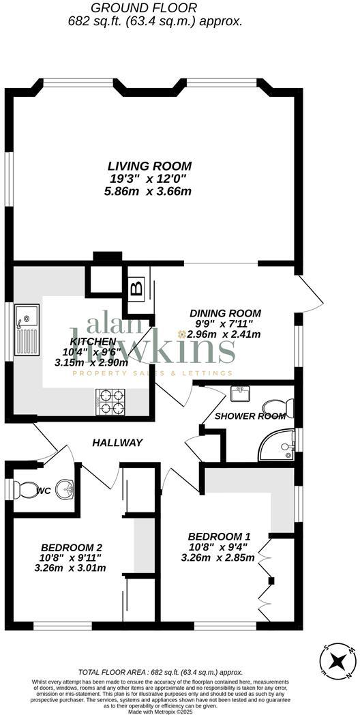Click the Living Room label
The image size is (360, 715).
[149, 166]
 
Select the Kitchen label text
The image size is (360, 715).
[92, 341]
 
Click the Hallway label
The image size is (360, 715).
[117, 443]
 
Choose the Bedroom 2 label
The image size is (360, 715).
[72, 547]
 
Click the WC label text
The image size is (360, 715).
[44, 491]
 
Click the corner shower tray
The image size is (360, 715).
[277, 447]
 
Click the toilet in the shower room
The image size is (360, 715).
[283, 407]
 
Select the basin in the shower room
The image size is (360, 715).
[240, 394]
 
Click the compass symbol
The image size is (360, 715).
[337, 661]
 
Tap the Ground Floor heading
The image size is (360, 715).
[144, 8]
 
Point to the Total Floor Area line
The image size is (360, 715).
[160, 672]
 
